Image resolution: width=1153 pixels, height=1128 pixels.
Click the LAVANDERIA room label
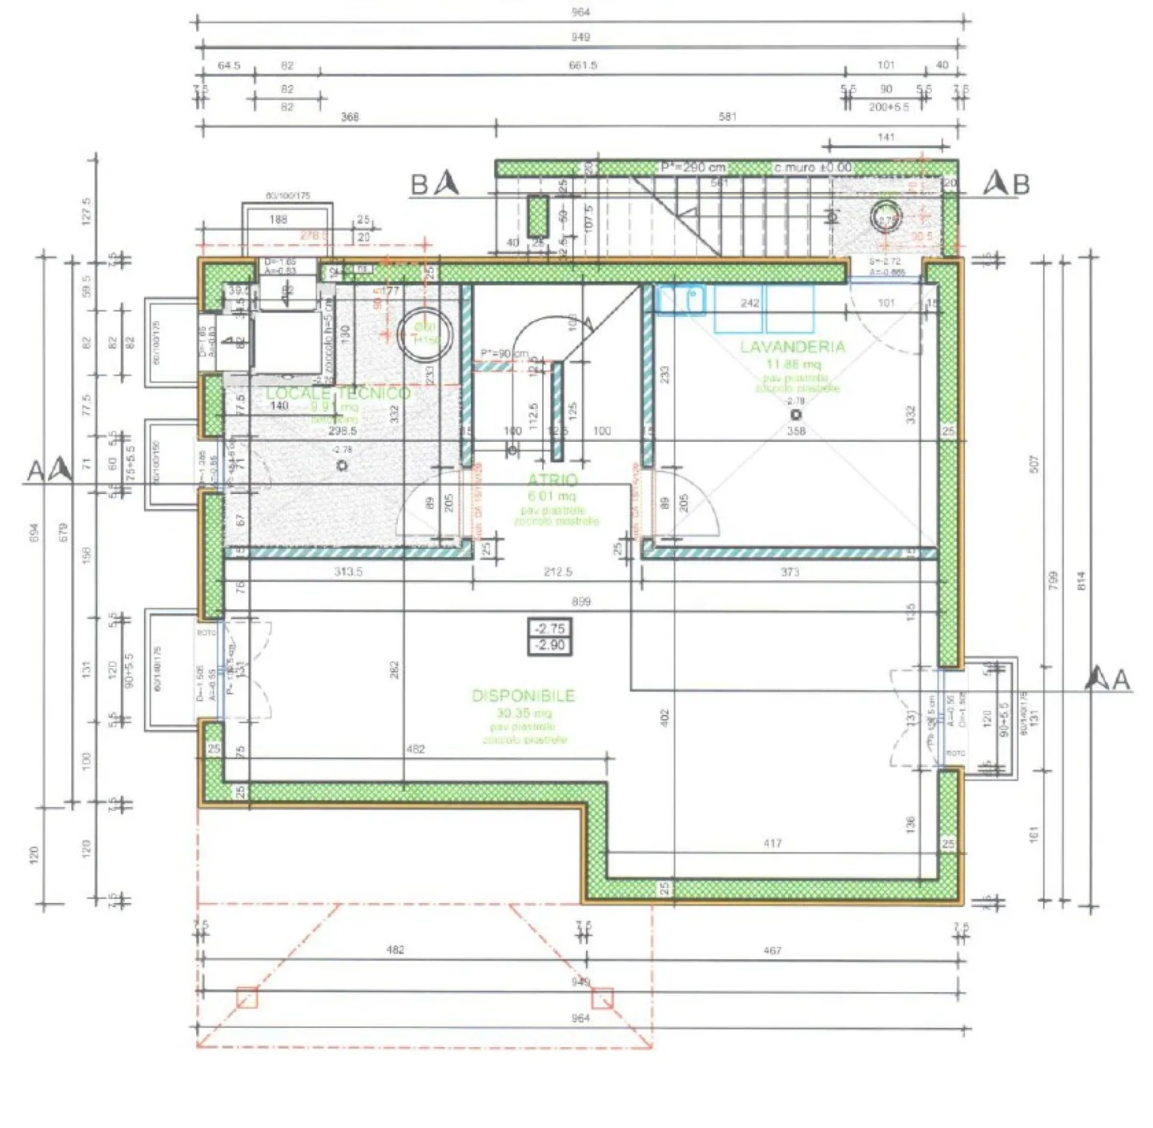(x=792, y=347)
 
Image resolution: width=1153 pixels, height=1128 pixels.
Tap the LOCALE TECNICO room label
(x=338, y=393)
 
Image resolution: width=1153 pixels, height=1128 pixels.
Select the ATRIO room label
(x=552, y=480)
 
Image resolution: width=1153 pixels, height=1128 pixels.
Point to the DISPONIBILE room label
(x=524, y=696)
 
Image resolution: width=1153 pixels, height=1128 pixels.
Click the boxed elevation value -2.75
(x=550, y=629)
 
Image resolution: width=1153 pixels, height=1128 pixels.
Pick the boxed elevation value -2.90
(x=550, y=645)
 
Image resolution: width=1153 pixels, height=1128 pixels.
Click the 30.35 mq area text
(x=524, y=713)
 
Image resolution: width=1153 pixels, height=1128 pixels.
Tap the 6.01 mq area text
(x=552, y=496)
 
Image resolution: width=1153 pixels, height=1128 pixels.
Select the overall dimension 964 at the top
(x=581, y=12)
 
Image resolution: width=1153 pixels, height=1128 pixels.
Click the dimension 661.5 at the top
(x=583, y=66)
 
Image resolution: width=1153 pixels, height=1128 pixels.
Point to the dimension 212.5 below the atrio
(x=558, y=572)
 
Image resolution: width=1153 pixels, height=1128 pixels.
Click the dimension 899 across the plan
(x=581, y=601)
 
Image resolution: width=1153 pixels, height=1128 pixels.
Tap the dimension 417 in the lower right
(x=772, y=843)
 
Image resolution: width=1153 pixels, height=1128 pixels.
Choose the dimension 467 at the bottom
(x=772, y=950)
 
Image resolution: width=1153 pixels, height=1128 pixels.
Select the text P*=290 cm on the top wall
(x=693, y=167)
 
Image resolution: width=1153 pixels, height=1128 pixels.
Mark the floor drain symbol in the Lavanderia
(x=796, y=415)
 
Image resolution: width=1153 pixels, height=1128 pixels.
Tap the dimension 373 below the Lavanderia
(x=790, y=572)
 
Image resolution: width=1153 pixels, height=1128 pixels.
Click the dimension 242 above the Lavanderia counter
(x=749, y=303)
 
